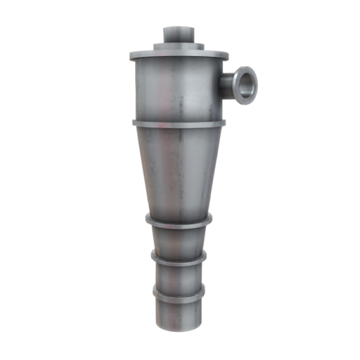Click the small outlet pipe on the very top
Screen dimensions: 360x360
point(179,35)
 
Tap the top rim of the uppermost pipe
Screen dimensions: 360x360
point(179,29)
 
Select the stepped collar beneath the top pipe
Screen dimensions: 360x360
point(179,46)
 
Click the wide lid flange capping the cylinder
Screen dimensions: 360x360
point(179,55)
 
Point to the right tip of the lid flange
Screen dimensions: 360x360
point(228,55)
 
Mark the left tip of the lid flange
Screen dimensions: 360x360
point(130,56)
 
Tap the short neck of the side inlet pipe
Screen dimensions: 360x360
point(228,86)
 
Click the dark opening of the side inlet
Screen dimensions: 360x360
point(245,84)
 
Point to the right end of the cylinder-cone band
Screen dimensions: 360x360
point(224,123)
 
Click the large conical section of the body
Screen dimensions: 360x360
point(179,169)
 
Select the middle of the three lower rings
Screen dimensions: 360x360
point(179,259)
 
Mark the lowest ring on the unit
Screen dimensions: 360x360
point(179,292)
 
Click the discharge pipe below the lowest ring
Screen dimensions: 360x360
point(179,313)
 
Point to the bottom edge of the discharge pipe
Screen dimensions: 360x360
point(179,330)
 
